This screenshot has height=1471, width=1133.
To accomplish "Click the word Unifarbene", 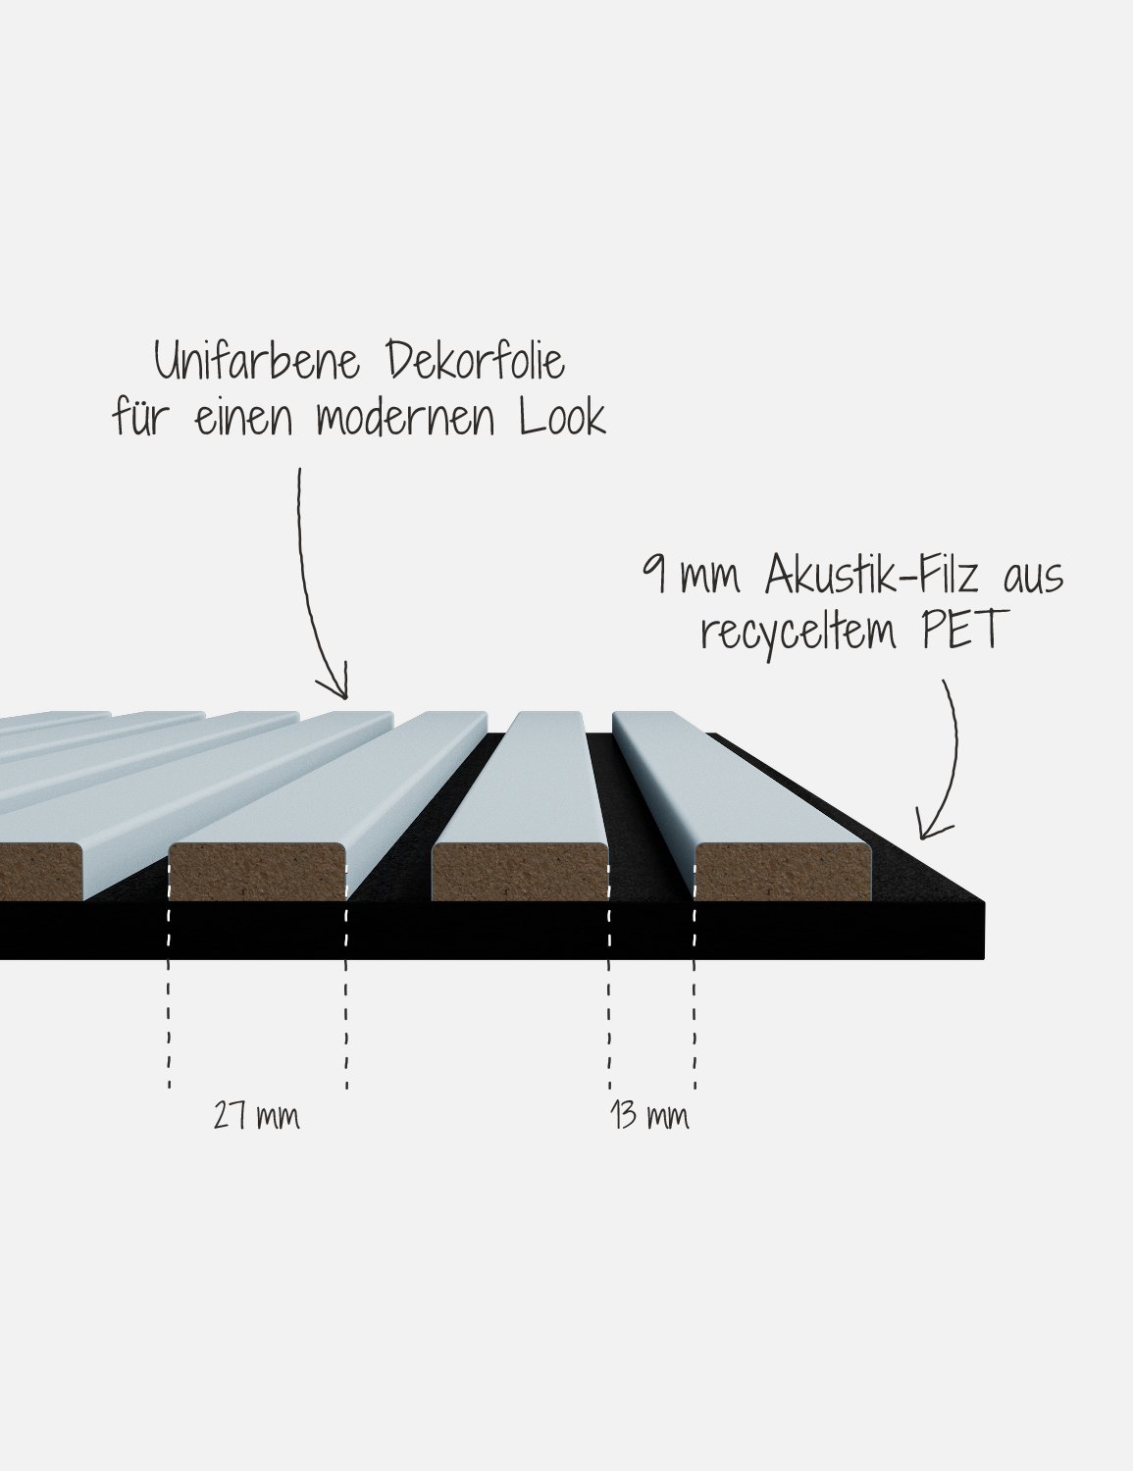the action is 257,360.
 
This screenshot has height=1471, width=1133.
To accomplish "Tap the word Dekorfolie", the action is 476,360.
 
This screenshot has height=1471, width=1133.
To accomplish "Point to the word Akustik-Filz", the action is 872,575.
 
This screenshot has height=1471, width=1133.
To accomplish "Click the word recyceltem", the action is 798,632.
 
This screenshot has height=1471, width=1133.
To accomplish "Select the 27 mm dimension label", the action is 256,1115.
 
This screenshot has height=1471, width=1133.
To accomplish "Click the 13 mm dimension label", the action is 649,1115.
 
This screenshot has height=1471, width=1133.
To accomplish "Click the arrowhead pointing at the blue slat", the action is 344,694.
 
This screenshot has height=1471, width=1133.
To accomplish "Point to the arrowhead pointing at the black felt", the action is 923,832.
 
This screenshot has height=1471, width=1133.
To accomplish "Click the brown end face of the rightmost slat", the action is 783,873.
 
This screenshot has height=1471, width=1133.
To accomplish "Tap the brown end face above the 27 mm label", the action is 257,873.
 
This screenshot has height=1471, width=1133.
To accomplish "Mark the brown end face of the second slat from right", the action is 520,873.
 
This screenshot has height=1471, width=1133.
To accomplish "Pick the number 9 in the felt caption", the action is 654,574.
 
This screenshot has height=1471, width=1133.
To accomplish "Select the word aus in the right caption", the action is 1034,580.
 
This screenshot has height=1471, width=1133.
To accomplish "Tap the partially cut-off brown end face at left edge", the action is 40,873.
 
